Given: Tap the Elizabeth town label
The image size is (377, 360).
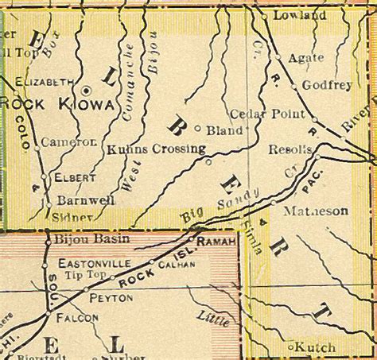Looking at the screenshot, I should pyautogui.click(x=45, y=80).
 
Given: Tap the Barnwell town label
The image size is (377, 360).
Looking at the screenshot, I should pyautogui.click(x=86, y=200).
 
